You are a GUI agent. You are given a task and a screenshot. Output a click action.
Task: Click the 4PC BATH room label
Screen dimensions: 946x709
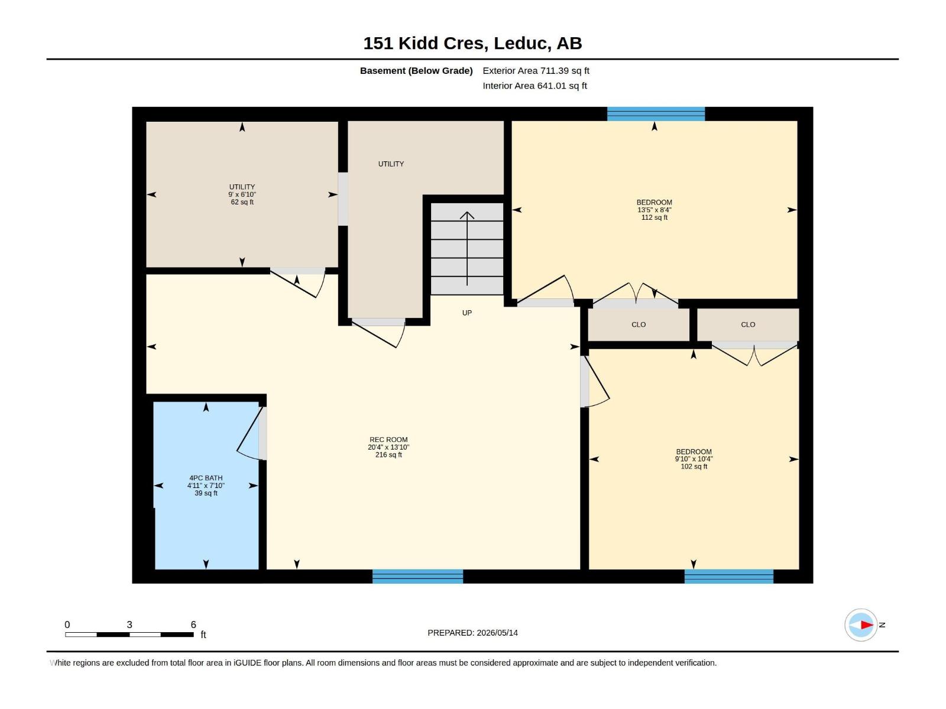point(206,478)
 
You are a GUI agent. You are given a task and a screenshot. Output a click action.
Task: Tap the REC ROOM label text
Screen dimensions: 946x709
point(388,440)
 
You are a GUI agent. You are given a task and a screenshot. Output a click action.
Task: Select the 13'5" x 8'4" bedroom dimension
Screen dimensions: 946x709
point(655,210)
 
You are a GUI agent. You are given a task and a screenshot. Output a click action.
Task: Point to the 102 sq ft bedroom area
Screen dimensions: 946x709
point(694,466)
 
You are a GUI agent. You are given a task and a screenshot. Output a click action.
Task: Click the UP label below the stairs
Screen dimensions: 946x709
point(466,313)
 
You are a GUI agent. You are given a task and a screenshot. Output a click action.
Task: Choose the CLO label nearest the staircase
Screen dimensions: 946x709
point(639,324)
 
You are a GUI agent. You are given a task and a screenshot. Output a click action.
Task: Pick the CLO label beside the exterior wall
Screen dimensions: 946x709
point(748,324)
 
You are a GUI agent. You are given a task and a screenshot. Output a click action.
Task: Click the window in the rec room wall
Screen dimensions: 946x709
point(417,576)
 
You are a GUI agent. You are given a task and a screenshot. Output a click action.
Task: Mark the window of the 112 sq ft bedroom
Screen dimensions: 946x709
point(656,114)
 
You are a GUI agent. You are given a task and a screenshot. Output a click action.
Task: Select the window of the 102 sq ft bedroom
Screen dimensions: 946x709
point(728,576)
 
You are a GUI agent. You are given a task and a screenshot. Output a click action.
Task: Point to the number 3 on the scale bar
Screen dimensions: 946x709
point(129,625)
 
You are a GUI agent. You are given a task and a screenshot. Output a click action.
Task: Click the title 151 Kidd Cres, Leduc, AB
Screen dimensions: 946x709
point(472,43)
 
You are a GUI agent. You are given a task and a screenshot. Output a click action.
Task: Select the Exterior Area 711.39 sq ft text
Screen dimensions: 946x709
point(536,70)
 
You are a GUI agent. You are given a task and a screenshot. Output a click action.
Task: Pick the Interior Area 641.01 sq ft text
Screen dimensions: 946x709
point(534,86)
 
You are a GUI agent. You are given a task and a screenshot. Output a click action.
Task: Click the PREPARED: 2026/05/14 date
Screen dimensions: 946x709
point(472,633)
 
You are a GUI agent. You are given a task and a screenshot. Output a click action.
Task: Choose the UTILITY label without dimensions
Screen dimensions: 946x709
point(391,164)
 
